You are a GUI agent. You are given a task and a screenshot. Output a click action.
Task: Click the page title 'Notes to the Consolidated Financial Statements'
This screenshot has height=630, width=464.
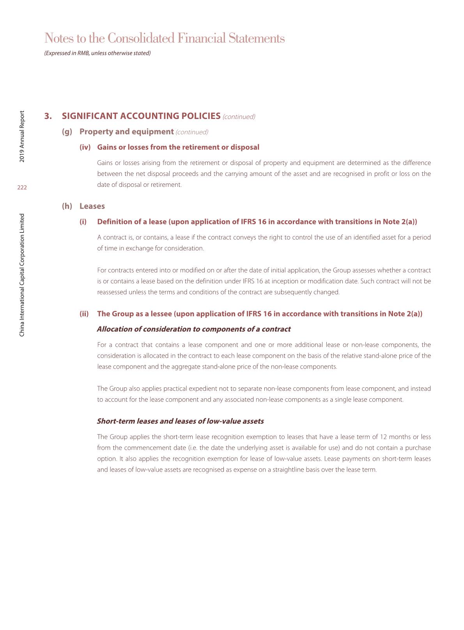click(x=165, y=38)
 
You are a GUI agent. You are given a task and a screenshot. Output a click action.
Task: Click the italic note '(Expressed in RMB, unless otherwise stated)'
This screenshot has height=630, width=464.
click(x=97, y=53)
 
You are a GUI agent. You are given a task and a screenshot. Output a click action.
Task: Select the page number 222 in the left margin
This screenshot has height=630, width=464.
click(x=22, y=188)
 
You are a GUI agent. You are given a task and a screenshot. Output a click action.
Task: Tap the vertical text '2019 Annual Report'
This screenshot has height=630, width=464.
click(x=22, y=137)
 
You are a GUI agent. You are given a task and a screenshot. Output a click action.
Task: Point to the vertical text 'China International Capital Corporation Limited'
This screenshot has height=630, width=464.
click(x=22, y=275)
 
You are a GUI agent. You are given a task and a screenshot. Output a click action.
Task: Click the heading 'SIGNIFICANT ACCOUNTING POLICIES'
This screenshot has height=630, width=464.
click(x=141, y=116)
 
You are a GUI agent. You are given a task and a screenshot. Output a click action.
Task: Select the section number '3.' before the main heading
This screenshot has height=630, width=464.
click(x=48, y=116)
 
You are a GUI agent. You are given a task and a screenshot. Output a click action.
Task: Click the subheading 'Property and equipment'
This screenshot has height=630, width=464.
click(x=126, y=131)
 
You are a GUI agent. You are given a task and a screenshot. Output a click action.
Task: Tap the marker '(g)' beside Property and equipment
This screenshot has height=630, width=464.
click(x=67, y=131)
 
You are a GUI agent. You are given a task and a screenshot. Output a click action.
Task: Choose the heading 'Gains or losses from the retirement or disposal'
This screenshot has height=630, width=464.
click(x=178, y=147)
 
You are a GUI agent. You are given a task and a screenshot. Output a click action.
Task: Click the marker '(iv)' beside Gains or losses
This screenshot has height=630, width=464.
click(x=85, y=147)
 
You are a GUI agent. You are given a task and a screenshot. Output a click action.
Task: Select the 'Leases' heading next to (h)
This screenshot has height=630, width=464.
click(x=92, y=206)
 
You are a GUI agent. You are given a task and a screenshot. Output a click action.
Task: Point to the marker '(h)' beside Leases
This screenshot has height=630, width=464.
click(x=67, y=206)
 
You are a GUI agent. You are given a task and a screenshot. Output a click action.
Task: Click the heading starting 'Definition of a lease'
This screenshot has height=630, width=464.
click(x=257, y=222)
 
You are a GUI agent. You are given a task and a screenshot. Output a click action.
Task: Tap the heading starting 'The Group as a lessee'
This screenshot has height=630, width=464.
click(x=260, y=314)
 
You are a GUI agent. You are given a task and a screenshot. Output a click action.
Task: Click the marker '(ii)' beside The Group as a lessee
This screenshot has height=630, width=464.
click(x=84, y=314)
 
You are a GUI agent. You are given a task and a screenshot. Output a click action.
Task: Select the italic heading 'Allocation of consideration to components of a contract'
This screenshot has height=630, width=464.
click(x=193, y=329)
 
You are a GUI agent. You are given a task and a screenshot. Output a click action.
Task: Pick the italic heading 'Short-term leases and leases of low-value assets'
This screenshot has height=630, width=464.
click(x=180, y=421)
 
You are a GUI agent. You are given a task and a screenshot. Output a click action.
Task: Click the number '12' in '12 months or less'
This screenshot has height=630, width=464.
click(x=384, y=437)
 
